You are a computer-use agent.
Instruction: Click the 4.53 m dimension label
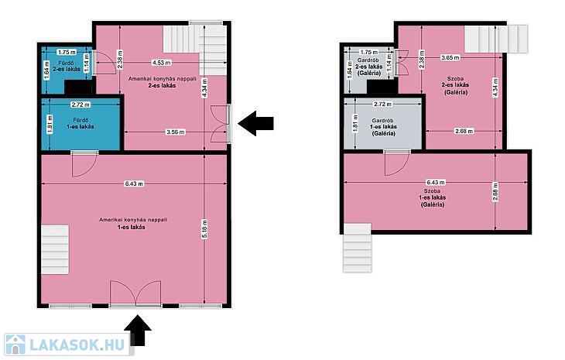161,63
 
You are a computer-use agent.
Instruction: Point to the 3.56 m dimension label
176,132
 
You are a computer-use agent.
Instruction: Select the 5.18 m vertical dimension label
204,229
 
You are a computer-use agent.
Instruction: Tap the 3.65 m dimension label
450,57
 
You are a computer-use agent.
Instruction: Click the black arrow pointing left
255,123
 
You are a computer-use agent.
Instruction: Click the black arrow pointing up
138,331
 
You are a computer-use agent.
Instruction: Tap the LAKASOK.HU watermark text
78,345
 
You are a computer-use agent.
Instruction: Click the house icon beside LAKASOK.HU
15,345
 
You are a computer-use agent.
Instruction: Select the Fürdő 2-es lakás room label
67,67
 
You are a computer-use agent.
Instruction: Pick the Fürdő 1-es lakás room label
80,123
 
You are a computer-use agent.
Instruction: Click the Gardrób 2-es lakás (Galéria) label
368,67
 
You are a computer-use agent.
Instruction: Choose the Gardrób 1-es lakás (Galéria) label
383,127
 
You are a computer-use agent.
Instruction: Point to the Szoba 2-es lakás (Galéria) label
455,85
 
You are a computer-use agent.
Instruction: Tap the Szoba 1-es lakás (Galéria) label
432,197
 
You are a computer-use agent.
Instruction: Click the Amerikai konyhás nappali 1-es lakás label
133,224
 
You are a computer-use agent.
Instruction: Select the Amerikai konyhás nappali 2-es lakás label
163,82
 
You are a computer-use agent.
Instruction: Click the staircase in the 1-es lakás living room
55,249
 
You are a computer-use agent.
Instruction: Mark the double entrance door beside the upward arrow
135,294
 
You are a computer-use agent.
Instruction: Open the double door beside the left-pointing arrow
220,123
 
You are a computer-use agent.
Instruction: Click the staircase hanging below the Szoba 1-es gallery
358,248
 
